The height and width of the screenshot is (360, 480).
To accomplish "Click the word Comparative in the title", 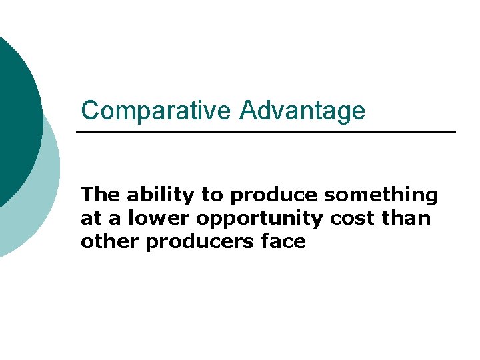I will click(157, 111).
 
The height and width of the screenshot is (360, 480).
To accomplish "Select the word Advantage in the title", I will click(302, 111).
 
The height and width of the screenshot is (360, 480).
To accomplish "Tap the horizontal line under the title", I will click(267, 132).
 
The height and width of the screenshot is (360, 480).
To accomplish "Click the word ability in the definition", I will click(162, 195).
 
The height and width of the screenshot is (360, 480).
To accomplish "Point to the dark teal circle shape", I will click(13, 120).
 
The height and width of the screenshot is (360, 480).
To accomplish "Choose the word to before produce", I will click(213, 196).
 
